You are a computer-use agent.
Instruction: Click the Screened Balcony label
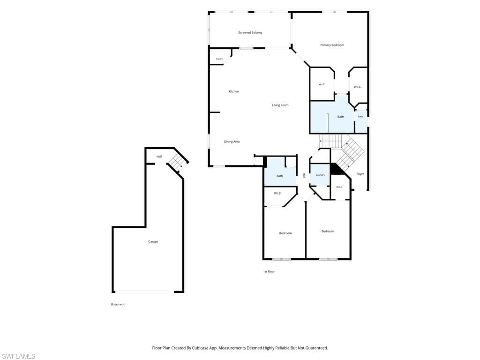click(x=250, y=32)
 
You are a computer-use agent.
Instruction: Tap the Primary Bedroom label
click(x=332, y=45)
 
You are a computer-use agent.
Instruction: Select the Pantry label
click(x=219, y=59)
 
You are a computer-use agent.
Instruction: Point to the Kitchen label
click(x=234, y=91)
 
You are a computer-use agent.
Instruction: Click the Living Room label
click(x=280, y=105)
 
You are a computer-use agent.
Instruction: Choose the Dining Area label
click(x=232, y=142)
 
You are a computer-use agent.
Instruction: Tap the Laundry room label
click(x=320, y=175)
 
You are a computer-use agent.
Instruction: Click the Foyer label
click(x=360, y=174)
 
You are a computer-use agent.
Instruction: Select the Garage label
click(x=153, y=241)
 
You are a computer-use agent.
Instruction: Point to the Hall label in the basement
click(x=159, y=157)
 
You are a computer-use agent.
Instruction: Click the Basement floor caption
click(x=118, y=304)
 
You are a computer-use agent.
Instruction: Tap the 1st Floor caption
click(x=269, y=271)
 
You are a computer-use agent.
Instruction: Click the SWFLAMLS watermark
click(x=18, y=356)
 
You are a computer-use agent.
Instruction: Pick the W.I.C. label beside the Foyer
click(x=339, y=187)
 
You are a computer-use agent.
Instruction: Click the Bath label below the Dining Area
click(x=279, y=176)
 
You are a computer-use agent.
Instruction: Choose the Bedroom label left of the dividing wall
click(x=285, y=233)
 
